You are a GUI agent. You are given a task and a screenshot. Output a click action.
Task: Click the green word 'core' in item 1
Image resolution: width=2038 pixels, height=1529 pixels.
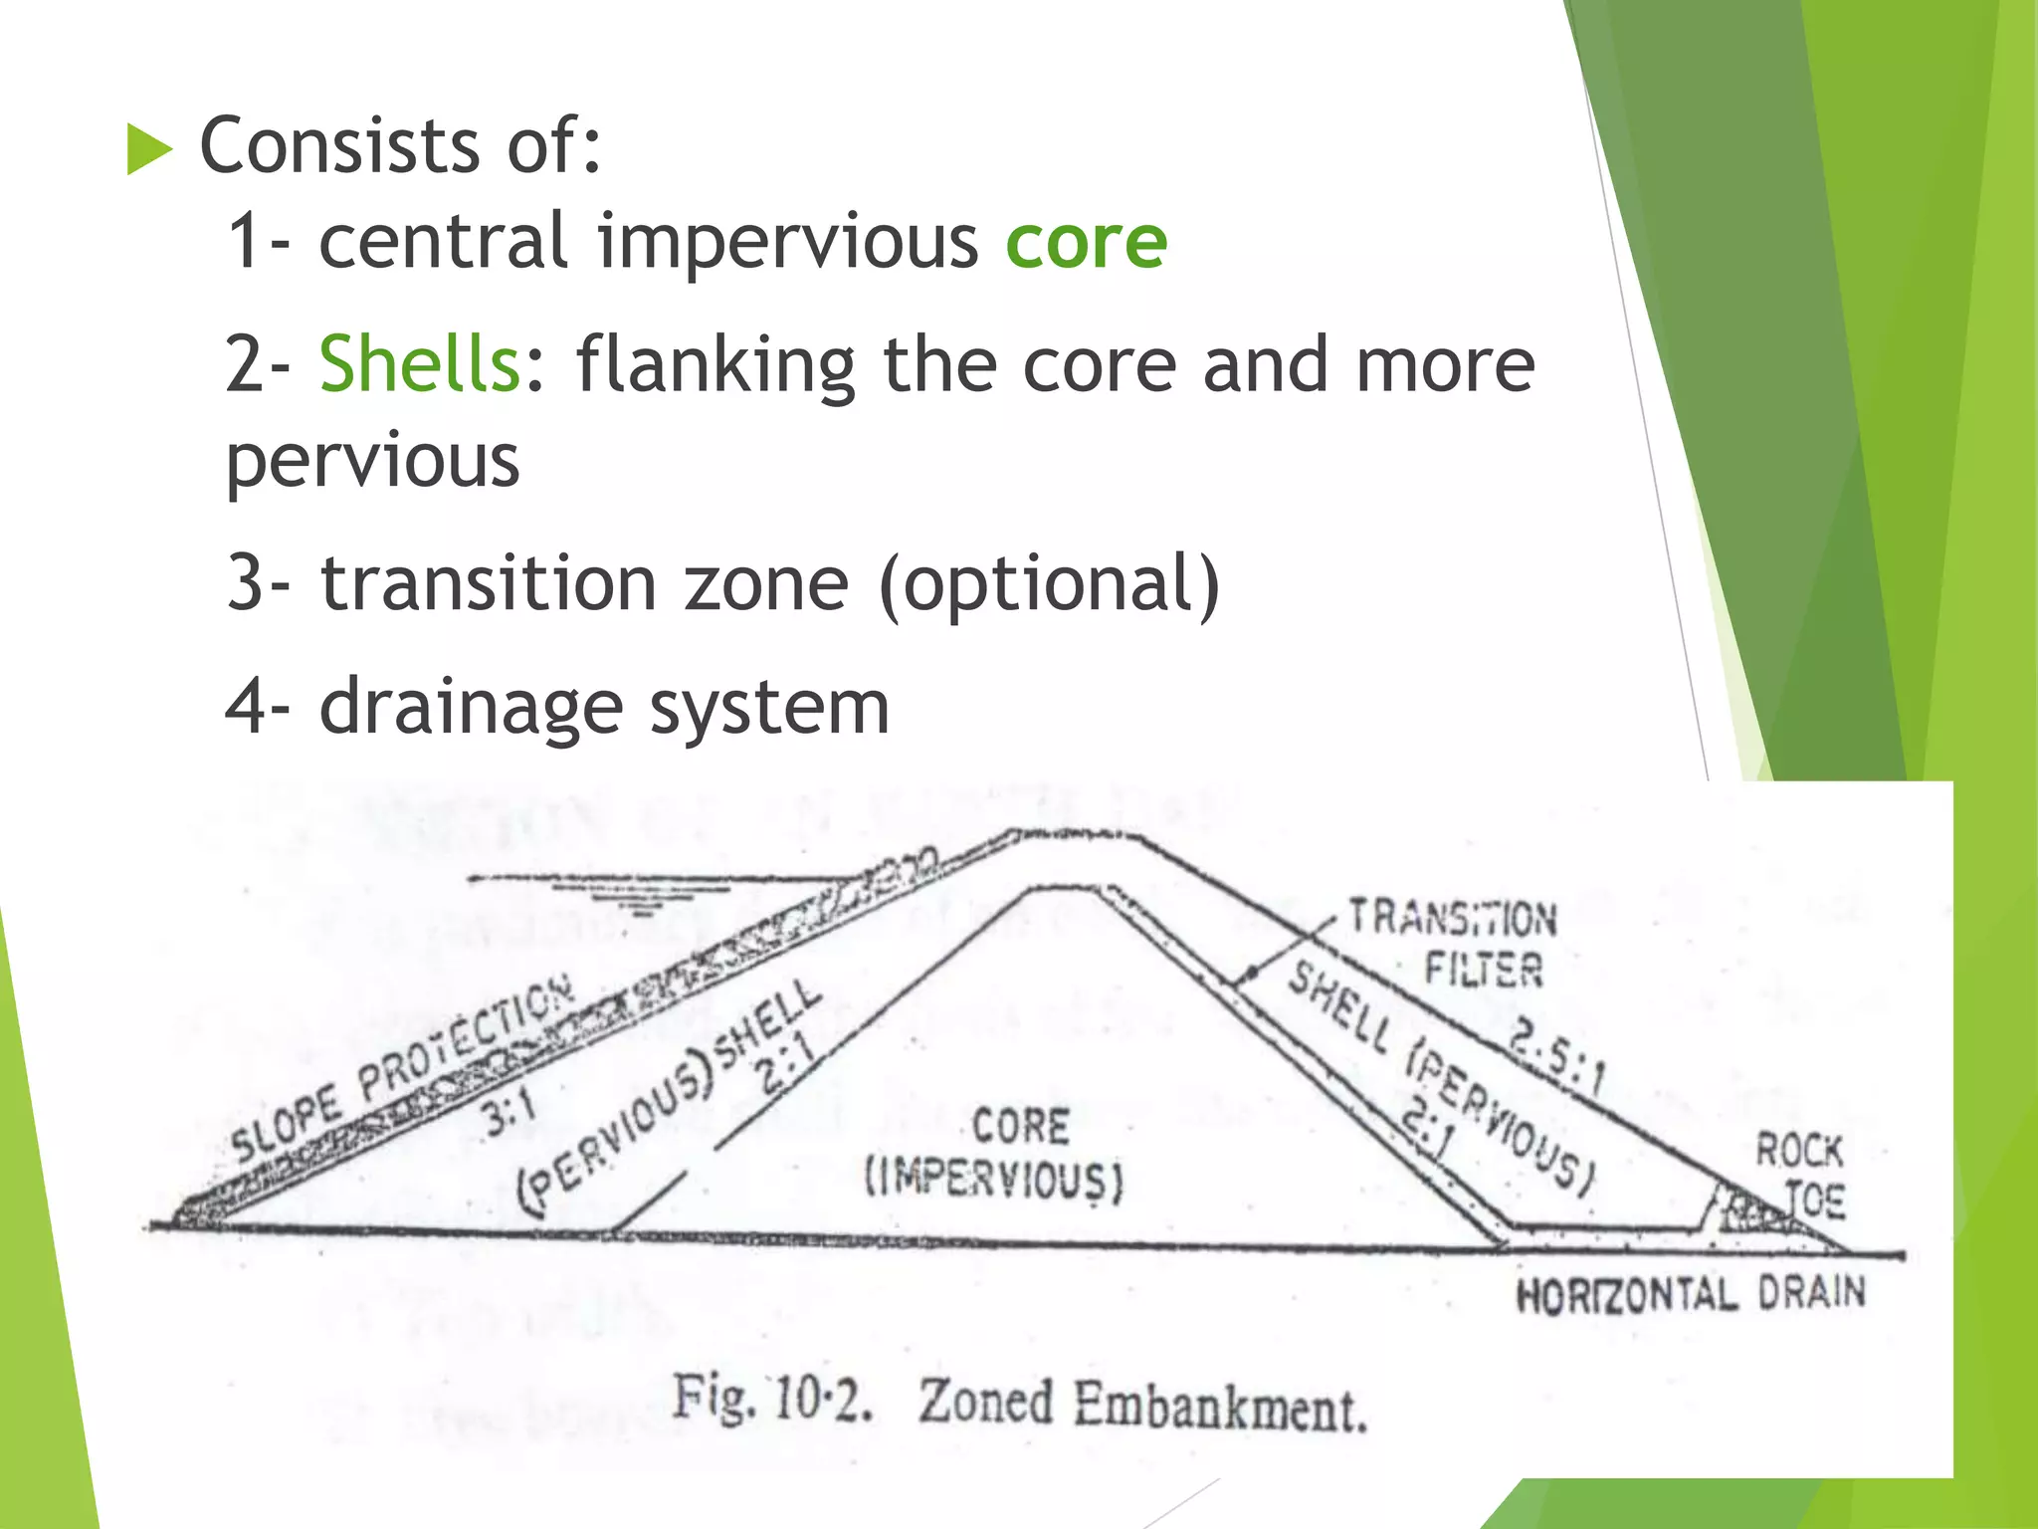[x=1086, y=242]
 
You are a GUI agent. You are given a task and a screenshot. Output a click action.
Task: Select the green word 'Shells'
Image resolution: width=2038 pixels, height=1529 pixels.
[x=419, y=364]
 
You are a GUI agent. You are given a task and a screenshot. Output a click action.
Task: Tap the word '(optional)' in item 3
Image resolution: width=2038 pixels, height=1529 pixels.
[x=1050, y=583]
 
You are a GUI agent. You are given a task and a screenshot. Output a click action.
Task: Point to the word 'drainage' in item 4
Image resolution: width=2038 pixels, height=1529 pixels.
[x=471, y=708]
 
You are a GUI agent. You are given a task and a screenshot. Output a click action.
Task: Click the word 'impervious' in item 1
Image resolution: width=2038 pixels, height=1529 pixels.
[x=787, y=242]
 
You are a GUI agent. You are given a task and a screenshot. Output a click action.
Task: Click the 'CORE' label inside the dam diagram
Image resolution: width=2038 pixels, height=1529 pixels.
[x=1020, y=1127]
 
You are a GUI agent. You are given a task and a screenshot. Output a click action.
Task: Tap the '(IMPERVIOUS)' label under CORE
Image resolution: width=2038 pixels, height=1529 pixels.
[x=994, y=1181]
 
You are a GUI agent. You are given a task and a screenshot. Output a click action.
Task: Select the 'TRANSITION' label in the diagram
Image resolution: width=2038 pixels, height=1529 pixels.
[x=1452, y=918]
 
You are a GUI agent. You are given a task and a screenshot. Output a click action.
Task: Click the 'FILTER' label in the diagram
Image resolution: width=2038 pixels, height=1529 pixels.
[x=1483, y=969]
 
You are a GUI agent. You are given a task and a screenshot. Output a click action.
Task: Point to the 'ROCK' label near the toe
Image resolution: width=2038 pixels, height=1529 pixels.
[x=1798, y=1151]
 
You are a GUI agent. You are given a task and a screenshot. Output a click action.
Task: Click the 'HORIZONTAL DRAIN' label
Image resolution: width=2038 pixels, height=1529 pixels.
[x=1690, y=1294]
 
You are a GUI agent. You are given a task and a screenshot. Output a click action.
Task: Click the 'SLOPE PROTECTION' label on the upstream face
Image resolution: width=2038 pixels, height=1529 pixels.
[x=403, y=1067]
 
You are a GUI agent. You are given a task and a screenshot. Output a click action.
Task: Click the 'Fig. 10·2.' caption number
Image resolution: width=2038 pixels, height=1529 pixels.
[x=772, y=1397]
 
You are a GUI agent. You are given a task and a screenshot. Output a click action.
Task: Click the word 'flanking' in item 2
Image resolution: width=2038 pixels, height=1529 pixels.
[x=714, y=364]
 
